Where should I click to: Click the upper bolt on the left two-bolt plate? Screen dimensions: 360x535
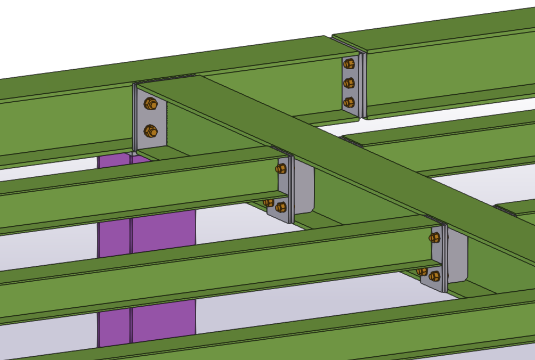151,104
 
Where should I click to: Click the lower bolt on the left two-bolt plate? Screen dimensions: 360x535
151,131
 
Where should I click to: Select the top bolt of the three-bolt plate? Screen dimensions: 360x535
349,64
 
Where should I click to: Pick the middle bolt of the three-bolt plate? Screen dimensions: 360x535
349,83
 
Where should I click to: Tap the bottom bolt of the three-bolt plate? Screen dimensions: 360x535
349,102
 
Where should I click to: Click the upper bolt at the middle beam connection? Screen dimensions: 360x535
281,169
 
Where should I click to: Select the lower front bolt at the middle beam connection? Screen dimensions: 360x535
281,207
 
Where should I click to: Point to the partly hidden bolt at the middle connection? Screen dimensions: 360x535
269,202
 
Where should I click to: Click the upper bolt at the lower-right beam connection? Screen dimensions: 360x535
435,238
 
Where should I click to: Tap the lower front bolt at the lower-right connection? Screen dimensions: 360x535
435,276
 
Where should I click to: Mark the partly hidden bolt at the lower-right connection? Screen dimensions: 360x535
422,272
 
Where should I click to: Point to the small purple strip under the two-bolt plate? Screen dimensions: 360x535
115,159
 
